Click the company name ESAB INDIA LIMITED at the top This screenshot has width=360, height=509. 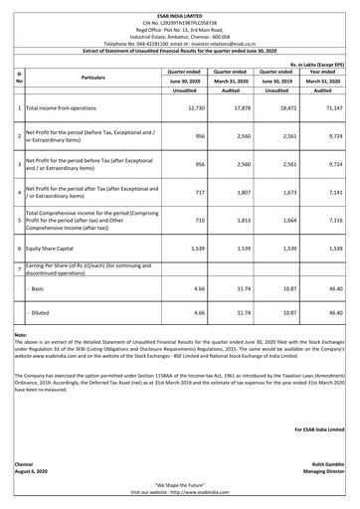[180, 5]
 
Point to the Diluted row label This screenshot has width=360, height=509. [41, 312]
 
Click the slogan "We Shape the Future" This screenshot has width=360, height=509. [180, 483]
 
